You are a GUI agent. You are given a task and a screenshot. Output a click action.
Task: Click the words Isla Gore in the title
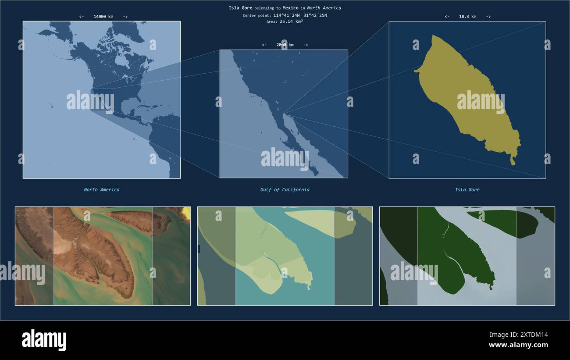(x=240, y=8)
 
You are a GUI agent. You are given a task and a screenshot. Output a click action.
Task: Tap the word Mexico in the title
(x=290, y=8)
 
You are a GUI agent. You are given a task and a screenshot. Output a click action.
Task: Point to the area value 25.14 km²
(x=291, y=21)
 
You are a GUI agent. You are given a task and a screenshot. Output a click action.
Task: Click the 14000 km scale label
(x=103, y=17)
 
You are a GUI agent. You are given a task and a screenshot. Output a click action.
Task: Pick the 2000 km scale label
(x=285, y=45)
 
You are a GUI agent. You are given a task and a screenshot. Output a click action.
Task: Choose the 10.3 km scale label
(x=467, y=17)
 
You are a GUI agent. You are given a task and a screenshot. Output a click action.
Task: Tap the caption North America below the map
(x=102, y=190)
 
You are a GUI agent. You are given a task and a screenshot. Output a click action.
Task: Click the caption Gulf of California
(x=285, y=190)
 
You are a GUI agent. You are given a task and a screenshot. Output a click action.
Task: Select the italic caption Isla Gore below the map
(x=467, y=190)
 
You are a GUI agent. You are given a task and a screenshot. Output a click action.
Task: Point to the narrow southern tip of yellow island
(x=513, y=161)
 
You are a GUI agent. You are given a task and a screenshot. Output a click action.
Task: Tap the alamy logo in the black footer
(x=44, y=340)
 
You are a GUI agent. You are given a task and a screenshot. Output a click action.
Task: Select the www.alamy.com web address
(x=518, y=345)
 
